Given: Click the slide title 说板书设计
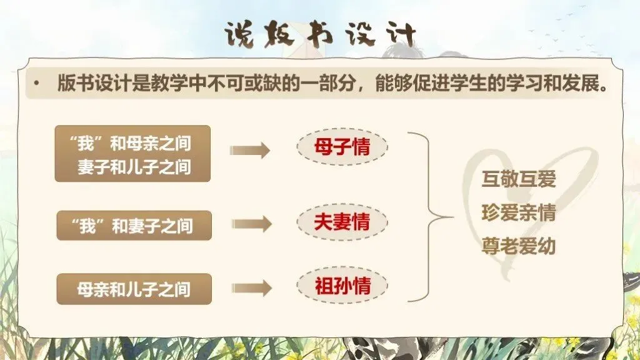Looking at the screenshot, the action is [320, 36].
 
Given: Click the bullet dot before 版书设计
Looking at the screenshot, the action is [37, 84].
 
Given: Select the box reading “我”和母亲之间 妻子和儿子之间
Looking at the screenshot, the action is [132, 154].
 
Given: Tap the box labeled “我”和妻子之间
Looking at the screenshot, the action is [134, 225].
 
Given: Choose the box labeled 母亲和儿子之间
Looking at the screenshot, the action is [134, 289].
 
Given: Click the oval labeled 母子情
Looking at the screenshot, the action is [342, 147].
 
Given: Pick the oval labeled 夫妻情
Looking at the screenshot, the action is [342, 222].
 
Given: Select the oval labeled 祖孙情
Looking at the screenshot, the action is [342, 286].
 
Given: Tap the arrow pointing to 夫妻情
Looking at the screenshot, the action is [250, 224].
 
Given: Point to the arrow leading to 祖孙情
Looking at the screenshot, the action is [250, 287].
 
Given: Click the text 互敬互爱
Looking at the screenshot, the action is [518, 180].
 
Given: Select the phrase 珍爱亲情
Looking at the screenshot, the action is [518, 212].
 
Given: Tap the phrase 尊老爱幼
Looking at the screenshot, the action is [518, 246].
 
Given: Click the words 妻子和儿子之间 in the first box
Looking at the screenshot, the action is [134, 167].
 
